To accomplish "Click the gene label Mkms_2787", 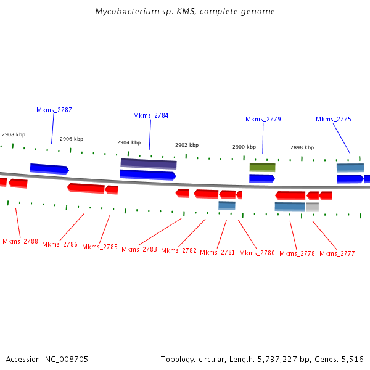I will coord(54,110).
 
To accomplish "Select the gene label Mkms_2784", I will coord(150,115).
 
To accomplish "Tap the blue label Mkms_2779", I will coord(263,119).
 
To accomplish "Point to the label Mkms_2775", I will coord(334,119).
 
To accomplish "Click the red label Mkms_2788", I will coord(20,241).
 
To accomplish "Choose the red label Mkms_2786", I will coord(60,244).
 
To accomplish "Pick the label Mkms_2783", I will coord(139,249).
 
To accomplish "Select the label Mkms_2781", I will coord(218,252).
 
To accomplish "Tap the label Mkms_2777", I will coord(337,253).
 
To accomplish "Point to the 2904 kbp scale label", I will coord(129,142).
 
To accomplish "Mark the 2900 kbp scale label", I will coord(244,147).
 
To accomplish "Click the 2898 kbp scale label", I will coord(302,147).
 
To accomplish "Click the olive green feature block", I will coord(262,167).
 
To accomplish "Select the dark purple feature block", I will coord(149,163).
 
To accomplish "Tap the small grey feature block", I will coord(313,207).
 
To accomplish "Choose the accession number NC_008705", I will coord(67,359).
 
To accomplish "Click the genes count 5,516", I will coord(352,359).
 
